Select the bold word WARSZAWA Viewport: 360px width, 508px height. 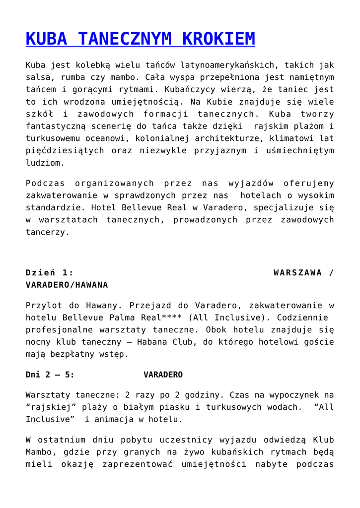point(297,272)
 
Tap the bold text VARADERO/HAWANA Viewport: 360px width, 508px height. point(67,285)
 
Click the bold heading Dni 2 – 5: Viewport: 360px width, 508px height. point(50,375)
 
